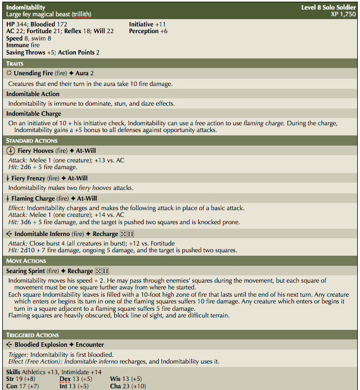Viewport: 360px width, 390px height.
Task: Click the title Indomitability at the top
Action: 26,7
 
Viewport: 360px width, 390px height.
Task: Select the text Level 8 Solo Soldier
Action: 328,7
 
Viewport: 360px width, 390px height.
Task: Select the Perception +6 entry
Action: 148,31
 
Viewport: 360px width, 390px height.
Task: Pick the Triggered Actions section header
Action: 32,335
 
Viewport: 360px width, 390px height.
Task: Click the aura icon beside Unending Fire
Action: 9,74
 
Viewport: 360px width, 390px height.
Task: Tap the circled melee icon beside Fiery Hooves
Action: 10,151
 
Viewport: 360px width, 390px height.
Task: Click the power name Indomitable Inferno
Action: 43,234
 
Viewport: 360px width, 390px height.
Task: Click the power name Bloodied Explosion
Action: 41,344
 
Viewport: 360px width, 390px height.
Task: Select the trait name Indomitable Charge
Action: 33,114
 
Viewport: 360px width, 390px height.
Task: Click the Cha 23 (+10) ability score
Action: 128,386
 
